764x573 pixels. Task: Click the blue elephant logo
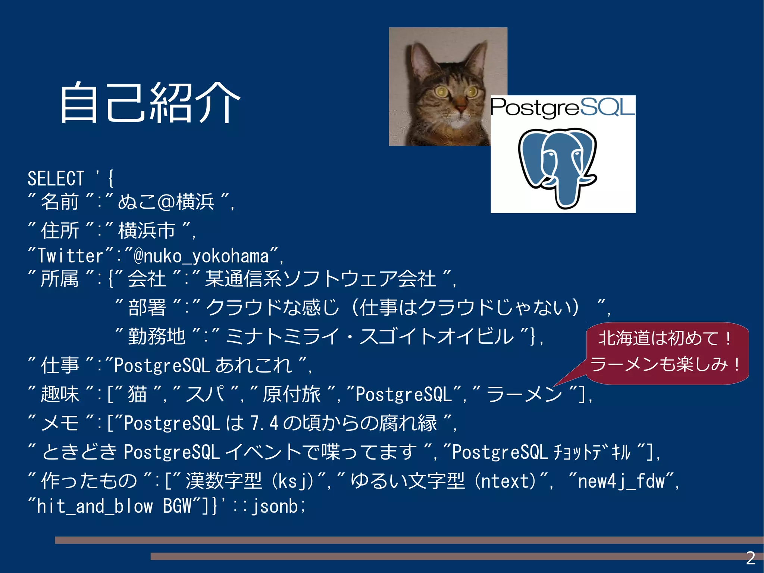click(558, 166)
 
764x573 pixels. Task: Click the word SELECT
click(56, 178)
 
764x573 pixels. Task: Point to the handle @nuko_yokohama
click(201, 256)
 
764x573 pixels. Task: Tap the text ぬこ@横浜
click(166, 202)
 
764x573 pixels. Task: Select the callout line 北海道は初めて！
click(664, 338)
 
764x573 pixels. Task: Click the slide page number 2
click(751, 558)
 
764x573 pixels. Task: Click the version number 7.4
click(264, 423)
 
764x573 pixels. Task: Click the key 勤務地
click(157, 336)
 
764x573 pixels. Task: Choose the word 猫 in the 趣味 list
click(137, 394)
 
